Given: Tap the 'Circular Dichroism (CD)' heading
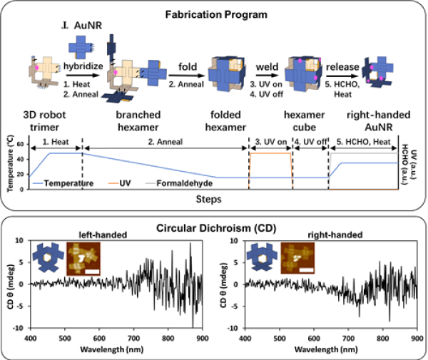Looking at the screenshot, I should click(214, 229).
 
